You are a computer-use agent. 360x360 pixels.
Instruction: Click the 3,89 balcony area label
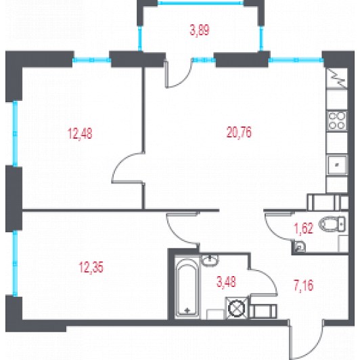coord(200,30)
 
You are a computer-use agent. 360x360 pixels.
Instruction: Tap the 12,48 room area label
coord(80,133)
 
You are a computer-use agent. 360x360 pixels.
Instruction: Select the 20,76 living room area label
coord(239,132)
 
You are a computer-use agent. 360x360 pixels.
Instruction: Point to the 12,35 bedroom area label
coord(91,267)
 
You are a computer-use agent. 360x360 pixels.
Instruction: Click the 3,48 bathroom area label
coord(226,282)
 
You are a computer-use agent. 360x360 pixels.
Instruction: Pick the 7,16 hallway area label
coord(304,286)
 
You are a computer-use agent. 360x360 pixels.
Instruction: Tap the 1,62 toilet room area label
coord(304,228)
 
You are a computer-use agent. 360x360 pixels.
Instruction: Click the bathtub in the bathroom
coord(187,286)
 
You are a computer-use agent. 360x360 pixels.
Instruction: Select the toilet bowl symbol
coord(332,223)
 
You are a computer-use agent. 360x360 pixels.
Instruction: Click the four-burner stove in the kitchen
coord(337,120)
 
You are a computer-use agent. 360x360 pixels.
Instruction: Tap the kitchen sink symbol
coord(337,164)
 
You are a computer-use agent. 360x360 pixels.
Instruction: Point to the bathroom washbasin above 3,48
coord(210,261)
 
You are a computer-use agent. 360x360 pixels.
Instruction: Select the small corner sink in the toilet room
coord(299,247)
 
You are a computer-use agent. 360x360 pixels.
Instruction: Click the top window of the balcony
coord(200,3)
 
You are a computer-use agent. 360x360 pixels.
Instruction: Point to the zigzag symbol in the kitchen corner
coord(337,78)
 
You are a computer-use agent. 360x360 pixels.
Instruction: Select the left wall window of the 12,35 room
coord(15,263)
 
